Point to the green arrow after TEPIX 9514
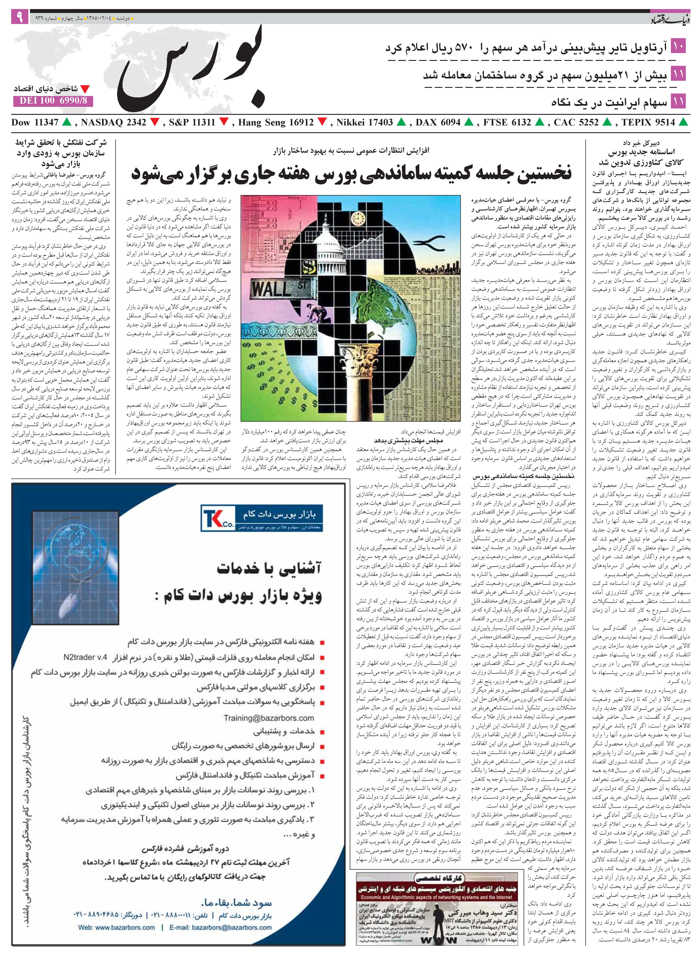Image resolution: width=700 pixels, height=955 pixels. tap(683, 122)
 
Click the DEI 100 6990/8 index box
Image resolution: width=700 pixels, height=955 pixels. tap(53, 101)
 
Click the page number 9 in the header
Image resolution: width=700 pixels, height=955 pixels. tap(20, 17)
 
